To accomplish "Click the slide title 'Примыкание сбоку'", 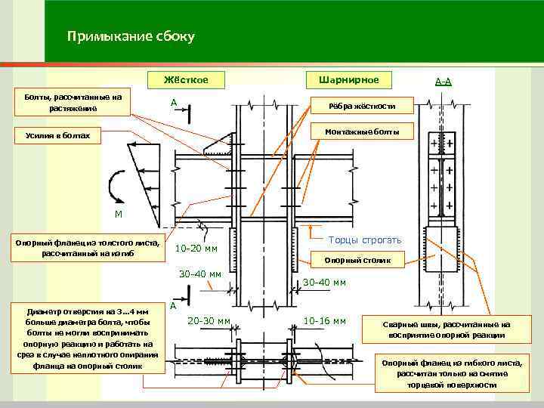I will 131,36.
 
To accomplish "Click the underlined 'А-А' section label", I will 444,81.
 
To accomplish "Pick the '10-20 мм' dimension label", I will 196,249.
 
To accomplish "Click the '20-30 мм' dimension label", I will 209,321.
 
